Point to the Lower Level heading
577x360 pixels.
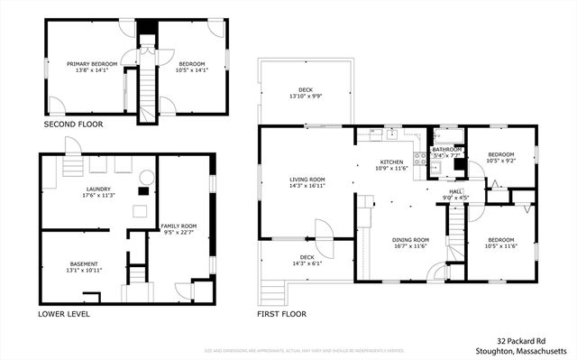click(64, 314)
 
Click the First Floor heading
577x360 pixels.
click(282, 314)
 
